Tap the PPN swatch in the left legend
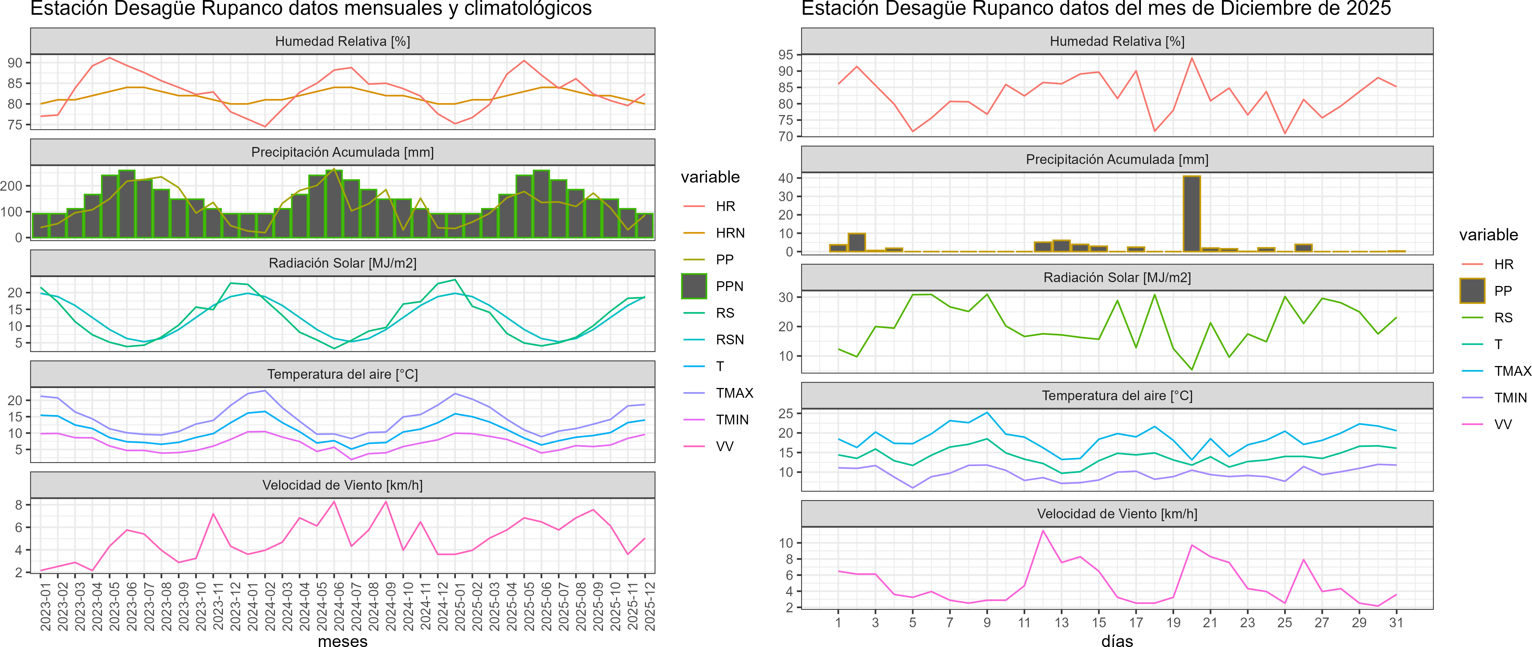pyautogui.click(x=694, y=286)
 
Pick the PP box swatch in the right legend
pyautogui.click(x=1472, y=291)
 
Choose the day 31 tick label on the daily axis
pyautogui.click(x=1396, y=623)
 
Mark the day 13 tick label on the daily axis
pyautogui.click(x=1062, y=623)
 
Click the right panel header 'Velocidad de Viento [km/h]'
pyautogui.click(x=1117, y=514)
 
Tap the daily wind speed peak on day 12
pyautogui.click(x=1042, y=531)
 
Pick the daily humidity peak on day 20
pyautogui.click(x=1192, y=58)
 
